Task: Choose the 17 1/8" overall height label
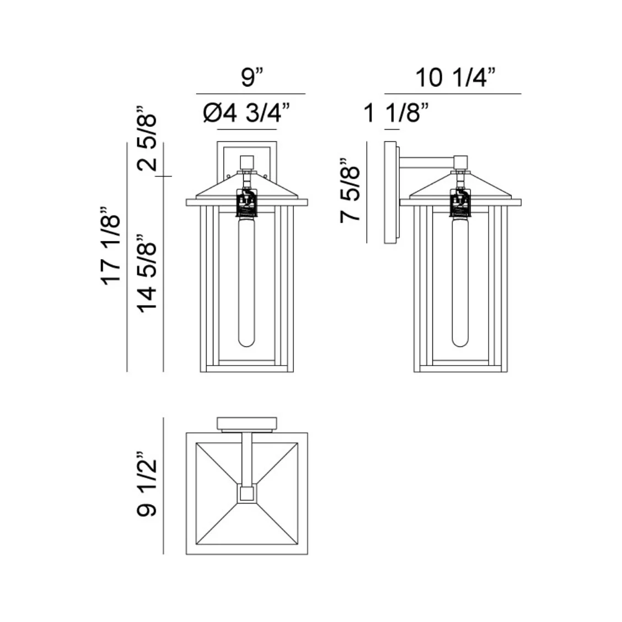click(111, 245)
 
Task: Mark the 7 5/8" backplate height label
click(351, 190)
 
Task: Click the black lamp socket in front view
click(247, 203)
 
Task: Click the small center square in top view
click(246, 494)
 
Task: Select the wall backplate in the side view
click(390, 193)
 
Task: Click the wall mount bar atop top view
click(247, 423)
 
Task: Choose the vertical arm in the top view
click(247, 458)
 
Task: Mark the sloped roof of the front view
click(221, 190)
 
